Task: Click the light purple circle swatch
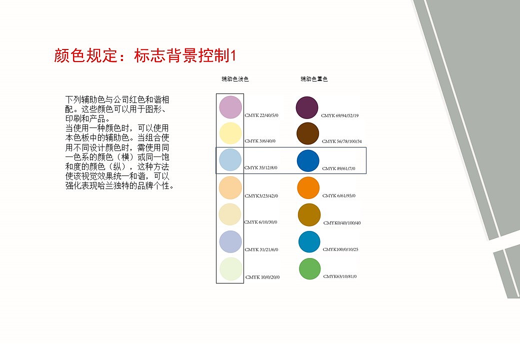pos(230,107)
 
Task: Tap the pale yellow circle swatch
pos(230,133)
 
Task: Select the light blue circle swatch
pos(230,160)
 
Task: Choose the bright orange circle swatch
pos(308,188)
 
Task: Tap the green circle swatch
pos(309,268)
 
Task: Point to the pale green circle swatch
pos(230,269)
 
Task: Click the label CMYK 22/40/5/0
pos(261,115)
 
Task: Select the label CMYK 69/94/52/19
pos(339,115)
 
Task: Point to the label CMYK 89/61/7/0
pos(338,168)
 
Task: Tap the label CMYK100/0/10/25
pos(340,249)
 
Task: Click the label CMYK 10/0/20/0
pos(262,277)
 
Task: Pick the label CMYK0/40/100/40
pos(342,222)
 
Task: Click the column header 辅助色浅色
pos(235,79)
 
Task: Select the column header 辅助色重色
pos(314,79)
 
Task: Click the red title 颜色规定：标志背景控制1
pos(144,56)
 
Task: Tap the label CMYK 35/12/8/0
pos(260,167)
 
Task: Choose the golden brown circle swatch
pos(309,215)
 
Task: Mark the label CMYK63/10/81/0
pos(340,276)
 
